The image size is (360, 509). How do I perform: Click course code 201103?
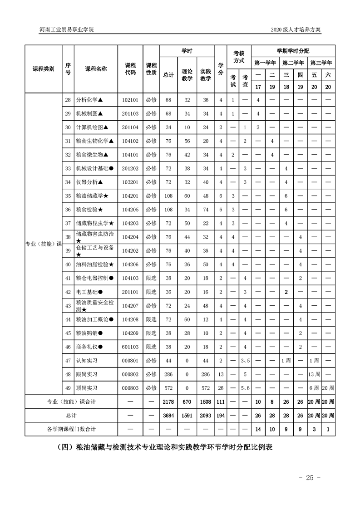(130, 113)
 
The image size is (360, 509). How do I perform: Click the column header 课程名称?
(96, 69)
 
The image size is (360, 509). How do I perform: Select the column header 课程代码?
(130, 69)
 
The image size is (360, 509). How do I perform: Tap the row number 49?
(68, 388)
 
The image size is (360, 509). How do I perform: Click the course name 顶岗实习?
(87, 388)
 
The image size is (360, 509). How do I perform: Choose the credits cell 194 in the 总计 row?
(221, 415)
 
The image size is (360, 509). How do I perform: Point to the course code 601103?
(130, 347)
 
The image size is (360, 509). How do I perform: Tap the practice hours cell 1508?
(206, 401)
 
